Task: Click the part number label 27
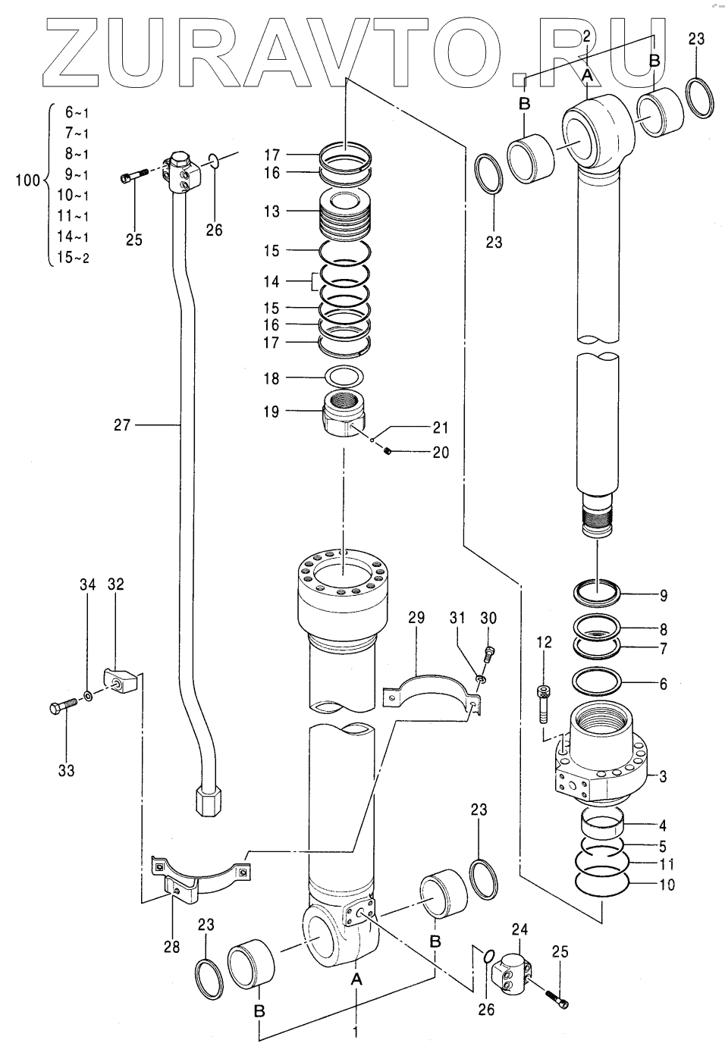click(x=123, y=426)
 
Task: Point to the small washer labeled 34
click(x=89, y=695)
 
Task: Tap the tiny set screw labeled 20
click(x=388, y=453)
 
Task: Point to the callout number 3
click(x=663, y=776)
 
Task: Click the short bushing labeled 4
click(x=602, y=822)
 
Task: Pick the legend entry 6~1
click(x=77, y=113)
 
